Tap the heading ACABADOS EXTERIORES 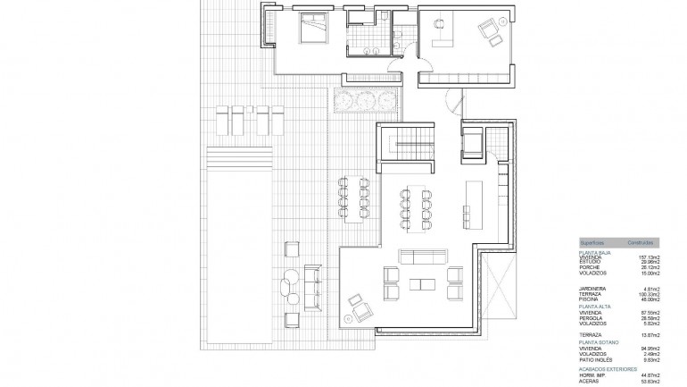pos(608,368)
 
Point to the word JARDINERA pos(592,288)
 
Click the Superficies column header pos(592,243)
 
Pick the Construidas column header pos(641,243)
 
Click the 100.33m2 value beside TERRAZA pos(647,293)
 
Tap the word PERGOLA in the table pos(591,317)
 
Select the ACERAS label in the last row pos(588,380)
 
